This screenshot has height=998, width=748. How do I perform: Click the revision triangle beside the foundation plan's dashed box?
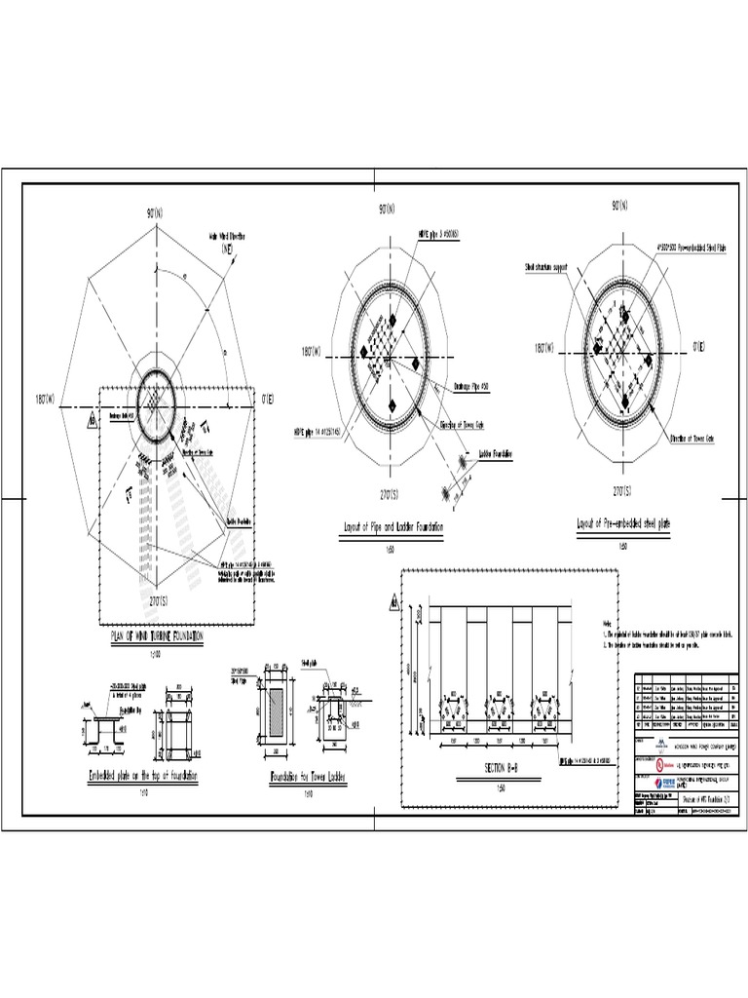[91, 420]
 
